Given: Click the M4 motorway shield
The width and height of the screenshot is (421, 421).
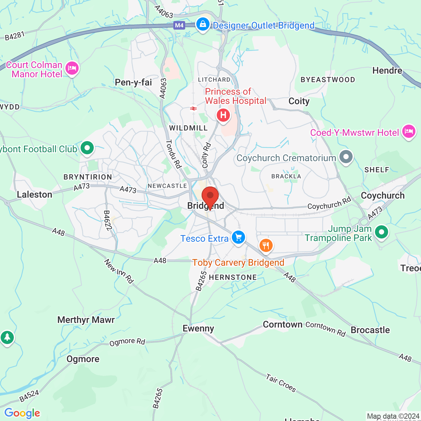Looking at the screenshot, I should (x=179, y=25).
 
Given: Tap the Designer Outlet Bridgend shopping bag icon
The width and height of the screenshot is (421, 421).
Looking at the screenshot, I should (x=203, y=24).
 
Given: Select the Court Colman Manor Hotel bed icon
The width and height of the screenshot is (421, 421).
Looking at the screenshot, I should (x=72, y=68).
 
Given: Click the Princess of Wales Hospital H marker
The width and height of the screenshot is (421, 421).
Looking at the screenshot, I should (x=223, y=115).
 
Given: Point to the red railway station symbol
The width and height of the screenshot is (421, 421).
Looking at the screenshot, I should (x=193, y=108).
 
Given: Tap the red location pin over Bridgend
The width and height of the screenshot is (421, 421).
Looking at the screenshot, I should (x=210, y=196).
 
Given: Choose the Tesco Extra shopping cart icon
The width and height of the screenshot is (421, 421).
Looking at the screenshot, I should (x=238, y=237).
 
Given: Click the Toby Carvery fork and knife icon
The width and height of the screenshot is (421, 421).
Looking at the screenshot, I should (x=266, y=245).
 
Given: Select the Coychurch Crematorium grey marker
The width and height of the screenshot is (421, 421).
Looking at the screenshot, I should (x=346, y=157).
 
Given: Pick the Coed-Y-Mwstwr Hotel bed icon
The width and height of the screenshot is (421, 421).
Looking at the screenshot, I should (x=409, y=131).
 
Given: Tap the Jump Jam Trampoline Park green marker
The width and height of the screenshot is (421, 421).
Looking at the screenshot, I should (x=381, y=232).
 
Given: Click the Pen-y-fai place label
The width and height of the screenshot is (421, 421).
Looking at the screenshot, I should (x=134, y=82).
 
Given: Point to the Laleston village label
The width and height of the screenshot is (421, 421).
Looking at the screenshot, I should (x=35, y=194).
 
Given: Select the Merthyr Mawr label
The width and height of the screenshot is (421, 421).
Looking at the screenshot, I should (x=86, y=320).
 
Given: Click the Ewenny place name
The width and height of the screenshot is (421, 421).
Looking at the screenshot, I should (x=198, y=328).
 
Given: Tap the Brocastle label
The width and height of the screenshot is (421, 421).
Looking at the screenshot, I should (x=370, y=330).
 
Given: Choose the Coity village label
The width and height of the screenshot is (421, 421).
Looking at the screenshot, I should (x=299, y=101).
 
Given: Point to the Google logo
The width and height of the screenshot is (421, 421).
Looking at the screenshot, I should (x=22, y=413).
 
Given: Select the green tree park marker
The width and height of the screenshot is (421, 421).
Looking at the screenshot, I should (x=7, y=337).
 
